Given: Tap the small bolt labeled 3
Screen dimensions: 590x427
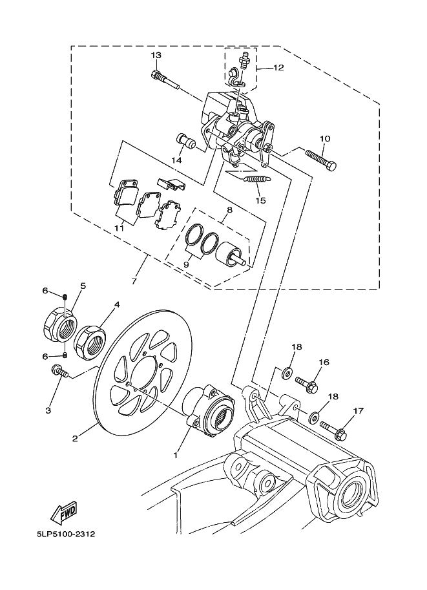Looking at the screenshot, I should tap(59, 372).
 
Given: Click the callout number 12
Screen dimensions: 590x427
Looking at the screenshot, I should tap(278, 67).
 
